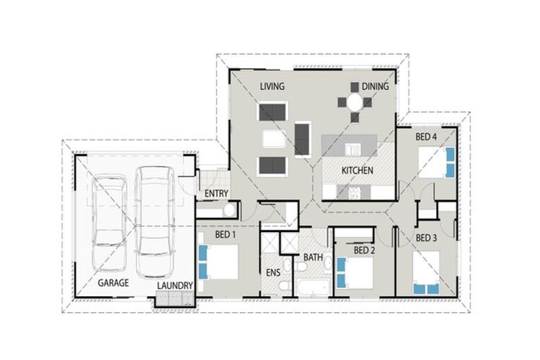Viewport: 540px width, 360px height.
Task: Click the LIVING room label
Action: coord(272,87)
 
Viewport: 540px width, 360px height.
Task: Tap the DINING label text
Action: coord(376,87)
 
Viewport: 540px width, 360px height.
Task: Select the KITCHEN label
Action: coord(357,171)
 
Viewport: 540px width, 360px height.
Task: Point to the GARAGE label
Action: coord(112,283)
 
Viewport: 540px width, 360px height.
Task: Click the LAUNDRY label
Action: coord(174,285)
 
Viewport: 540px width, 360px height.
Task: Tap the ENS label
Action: coord(273,273)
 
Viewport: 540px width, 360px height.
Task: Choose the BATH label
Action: coord(313,257)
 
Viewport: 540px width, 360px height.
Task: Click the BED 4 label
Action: coord(426,136)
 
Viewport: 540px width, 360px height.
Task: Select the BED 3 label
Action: coord(426,238)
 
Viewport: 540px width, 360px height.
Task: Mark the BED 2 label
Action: coord(364,250)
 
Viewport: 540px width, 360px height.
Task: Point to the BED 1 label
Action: coord(224,234)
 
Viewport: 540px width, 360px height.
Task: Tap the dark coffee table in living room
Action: coord(302,139)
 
